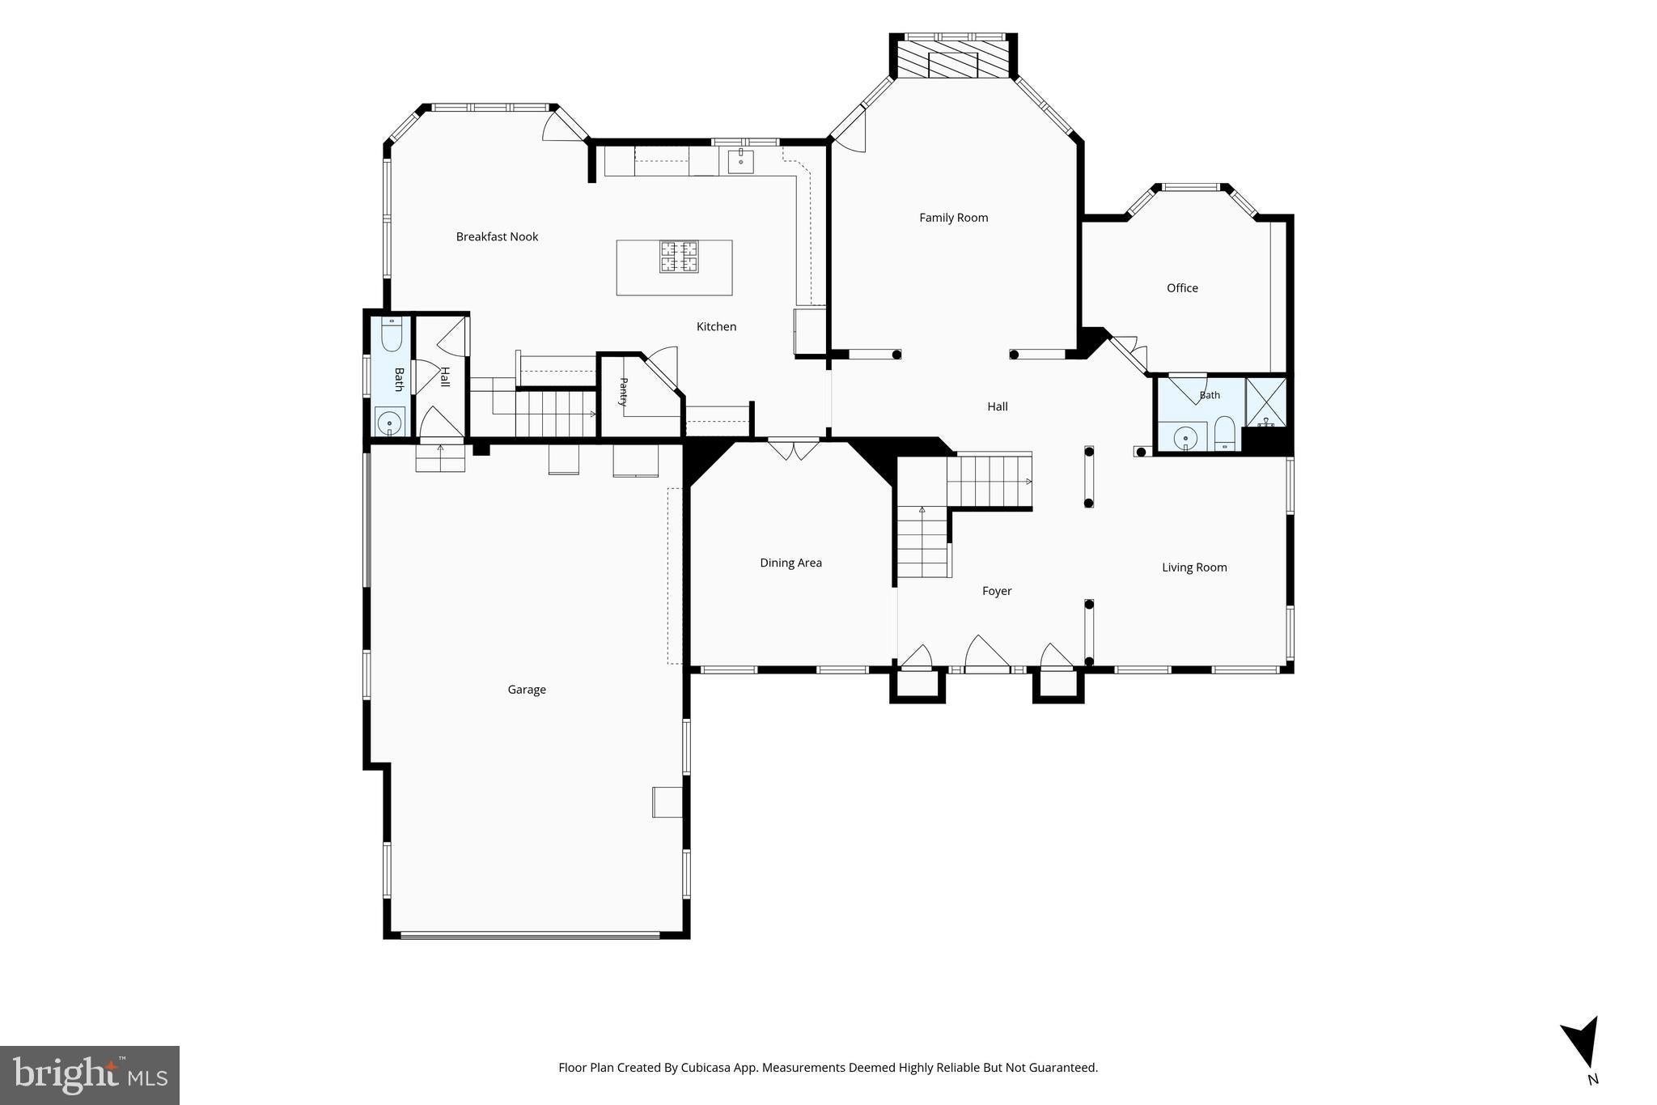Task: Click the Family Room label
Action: click(x=953, y=218)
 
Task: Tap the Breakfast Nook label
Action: click(x=497, y=236)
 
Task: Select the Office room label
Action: click(x=1182, y=288)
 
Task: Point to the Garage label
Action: click(x=527, y=690)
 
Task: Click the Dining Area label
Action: click(x=790, y=563)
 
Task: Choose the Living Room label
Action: click(x=1194, y=567)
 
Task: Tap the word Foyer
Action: click(x=997, y=591)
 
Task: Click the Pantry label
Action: click(x=624, y=391)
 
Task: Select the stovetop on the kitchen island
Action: click(x=678, y=257)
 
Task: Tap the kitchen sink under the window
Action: click(x=740, y=161)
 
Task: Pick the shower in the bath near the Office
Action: click(x=1265, y=402)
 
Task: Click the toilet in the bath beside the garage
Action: click(x=392, y=334)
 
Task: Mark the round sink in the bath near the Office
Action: click(x=1185, y=438)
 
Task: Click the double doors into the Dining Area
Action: click(x=793, y=449)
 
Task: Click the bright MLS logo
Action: click(x=90, y=1075)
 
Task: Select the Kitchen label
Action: click(x=716, y=327)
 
